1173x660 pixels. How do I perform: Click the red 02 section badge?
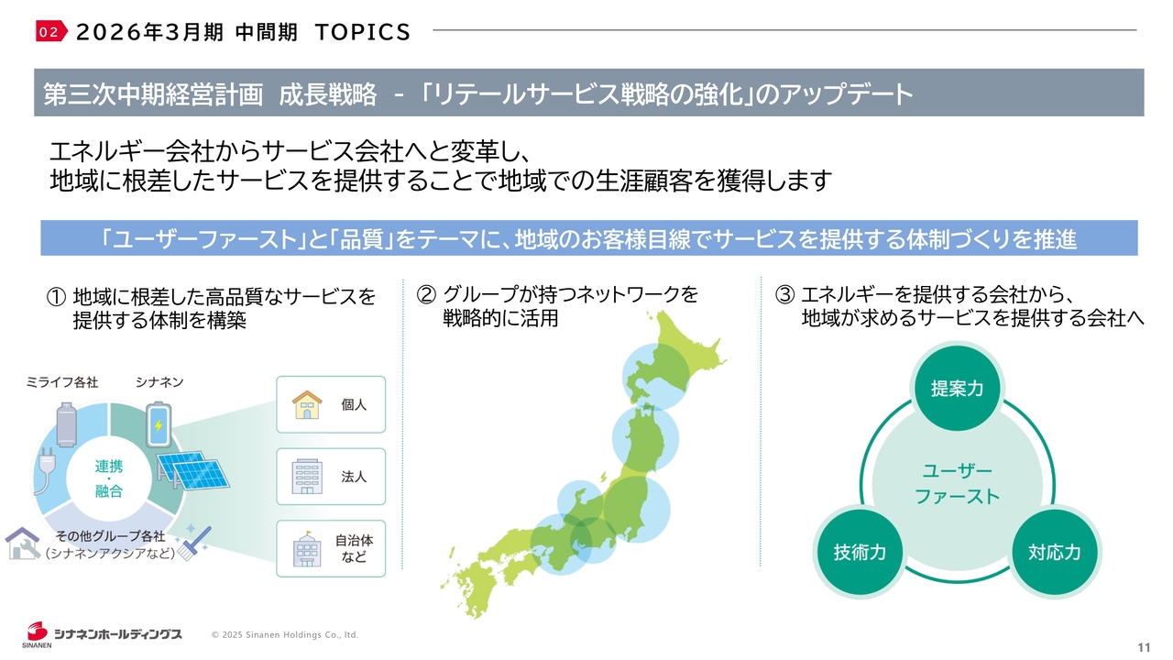pyautogui.click(x=51, y=31)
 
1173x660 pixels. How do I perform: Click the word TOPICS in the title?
pyautogui.click(x=363, y=32)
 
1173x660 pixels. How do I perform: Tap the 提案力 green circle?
pyautogui.click(x=958, y=388)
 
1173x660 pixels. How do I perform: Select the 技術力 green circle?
pyautogui.click(x=860, y=552)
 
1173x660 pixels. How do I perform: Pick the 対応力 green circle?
pyautogui.click(x=1055, y=552)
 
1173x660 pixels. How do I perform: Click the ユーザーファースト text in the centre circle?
pyautogui.click(x=958, y=483)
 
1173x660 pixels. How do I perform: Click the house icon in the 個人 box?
pyautogui.click(x=307, y=404)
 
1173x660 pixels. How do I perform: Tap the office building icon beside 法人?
pyautogui.click(x=307, y=476)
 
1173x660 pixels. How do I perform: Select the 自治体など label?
pyautogui.click(x=354, y=548)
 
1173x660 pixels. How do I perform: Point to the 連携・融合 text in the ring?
pyautogui.click(x=109, y=478)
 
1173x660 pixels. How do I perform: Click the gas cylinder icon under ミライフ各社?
pyautogui.click(x=67, y=424)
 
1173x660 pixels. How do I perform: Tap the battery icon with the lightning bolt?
pyautogui.click(x=159, y=424)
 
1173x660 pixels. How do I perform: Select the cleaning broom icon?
pyautogui.click(x=193, y=544)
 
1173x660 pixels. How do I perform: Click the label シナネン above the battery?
pyautogui.click(x=159, y=382)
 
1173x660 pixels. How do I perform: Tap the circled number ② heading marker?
pyautogui.click(x=426, y=294)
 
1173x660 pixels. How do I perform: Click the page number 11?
pyautogui.click(x=1144, y=647)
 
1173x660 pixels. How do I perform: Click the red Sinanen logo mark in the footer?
pyautogui.click(x=38, y=632)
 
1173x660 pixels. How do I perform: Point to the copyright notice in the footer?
pyautogui.click(x=285, y=635)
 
